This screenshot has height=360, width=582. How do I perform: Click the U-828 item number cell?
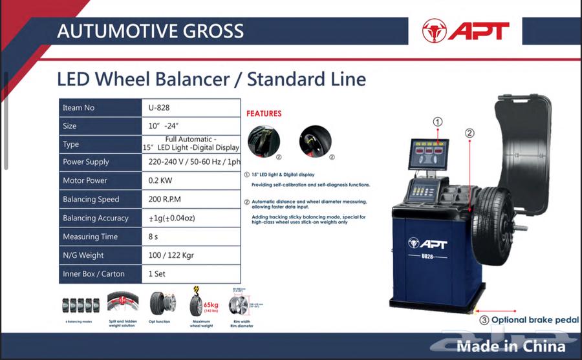[x=190, y=107]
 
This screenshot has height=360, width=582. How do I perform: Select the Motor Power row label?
[x=85, y=180]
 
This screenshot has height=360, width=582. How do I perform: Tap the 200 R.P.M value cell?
[x=190, y=199]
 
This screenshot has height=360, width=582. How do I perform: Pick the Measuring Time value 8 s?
[x=190, y=237]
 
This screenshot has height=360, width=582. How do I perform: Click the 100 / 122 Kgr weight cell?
[x=190, y=255]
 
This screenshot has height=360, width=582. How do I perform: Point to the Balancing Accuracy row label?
[x=95, y=218]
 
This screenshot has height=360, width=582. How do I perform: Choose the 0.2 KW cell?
[x=190, y=180]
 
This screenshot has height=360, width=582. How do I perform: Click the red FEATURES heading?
[x=263, y=114]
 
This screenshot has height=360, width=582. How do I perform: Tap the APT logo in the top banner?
[x=466, y=30]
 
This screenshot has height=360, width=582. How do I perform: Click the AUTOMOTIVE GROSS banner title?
[x=150, y=30]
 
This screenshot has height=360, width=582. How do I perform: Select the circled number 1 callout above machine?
[x=438, y=122]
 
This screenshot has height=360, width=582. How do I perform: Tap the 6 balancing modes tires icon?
[x=80, y=305]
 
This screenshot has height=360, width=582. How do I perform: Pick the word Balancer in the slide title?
[x=191, y=79]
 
